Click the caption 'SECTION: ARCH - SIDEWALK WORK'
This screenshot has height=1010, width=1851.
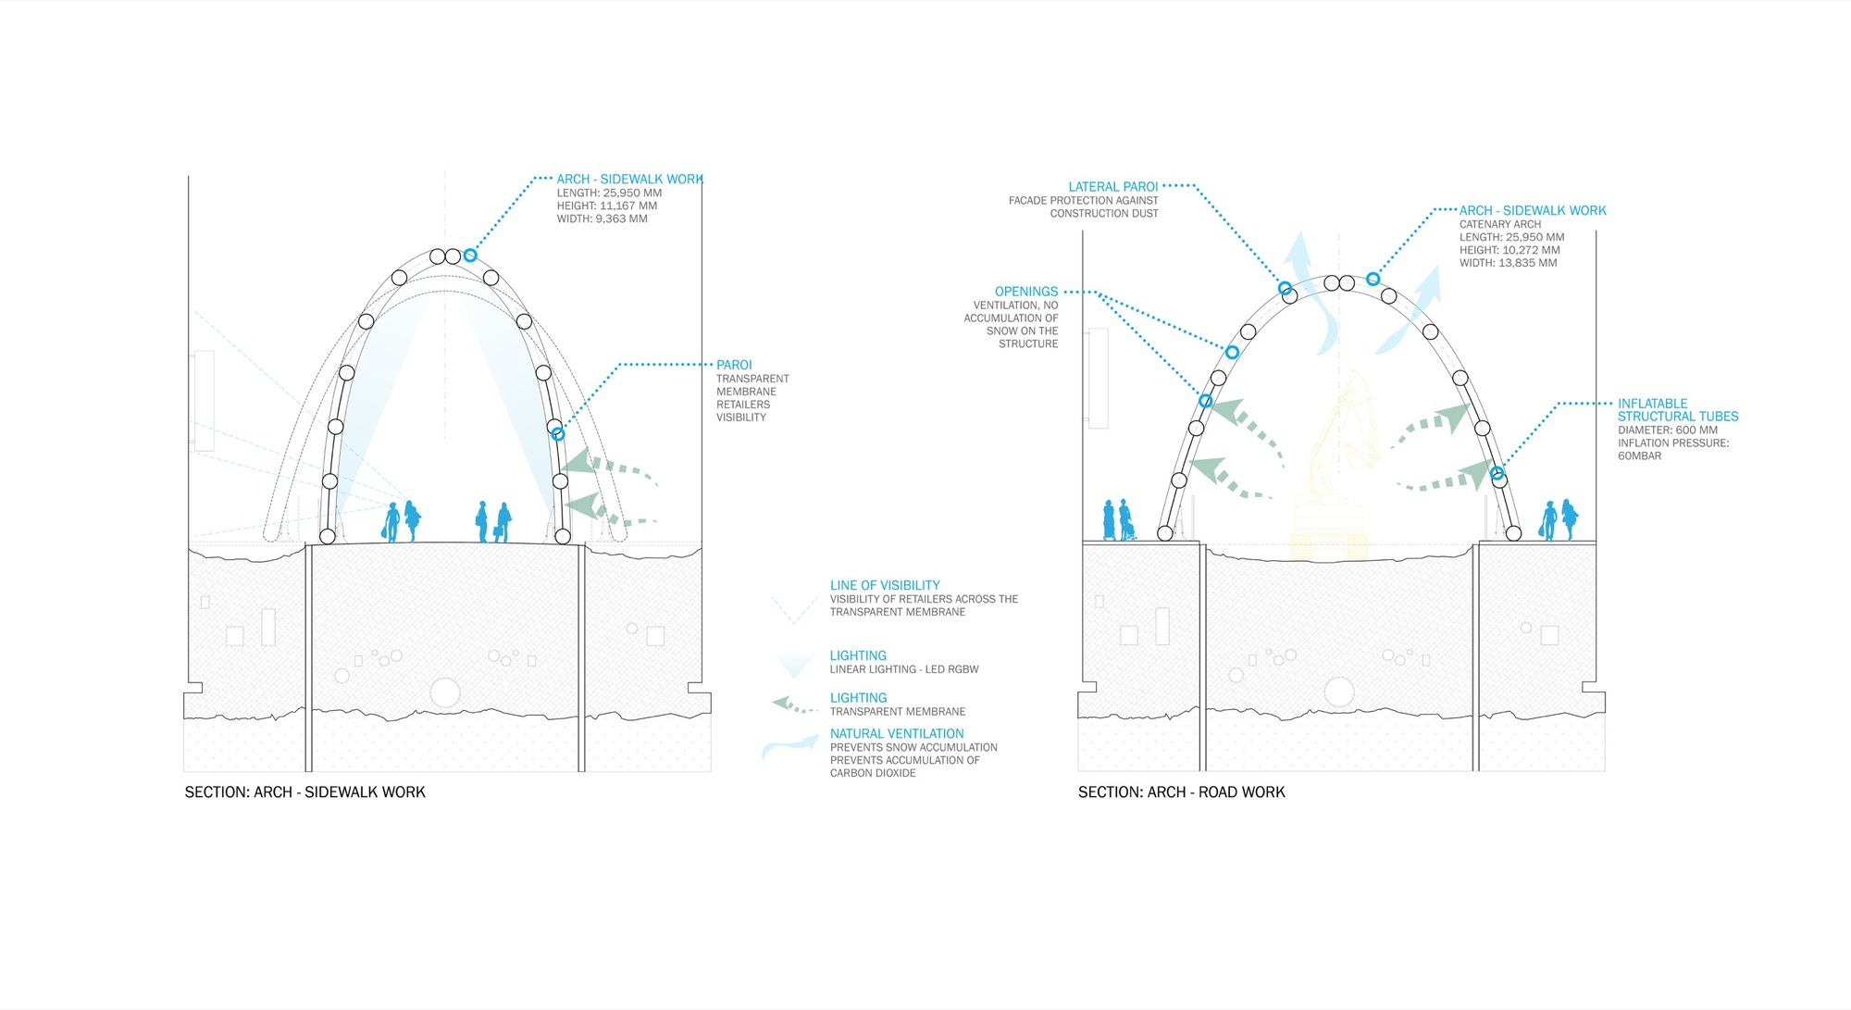pyautogui.click(x=304, y=792)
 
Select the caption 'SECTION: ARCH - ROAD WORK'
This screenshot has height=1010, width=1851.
pyautogui.click(x=1181, y=792)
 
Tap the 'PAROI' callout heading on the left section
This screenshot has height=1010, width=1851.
pyautogui.click(x=734, y=365)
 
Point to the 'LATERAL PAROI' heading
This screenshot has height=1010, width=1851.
pyautogui.click(x=1112, y=187)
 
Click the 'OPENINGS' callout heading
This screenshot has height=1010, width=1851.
pyautogui.click(x=1026, y=292)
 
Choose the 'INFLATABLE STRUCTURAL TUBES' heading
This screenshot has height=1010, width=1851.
pyautogui.click(x=1677, y=410)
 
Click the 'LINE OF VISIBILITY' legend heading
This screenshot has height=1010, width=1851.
pyautogui.click(x=885, y=585)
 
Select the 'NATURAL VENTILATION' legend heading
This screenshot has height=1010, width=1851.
pyautogui.click(x=897, y=733)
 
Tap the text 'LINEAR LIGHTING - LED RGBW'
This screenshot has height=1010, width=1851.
pyautogui.click(x=903, y=669)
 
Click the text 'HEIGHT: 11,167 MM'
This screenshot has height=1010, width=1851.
pyautogui.click(x=606, y=206)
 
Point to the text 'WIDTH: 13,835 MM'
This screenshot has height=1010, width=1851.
pyautogui.click(x=1508, y=263)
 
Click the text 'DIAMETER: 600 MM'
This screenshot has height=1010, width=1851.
pyautogui.click(x=1667, y=430)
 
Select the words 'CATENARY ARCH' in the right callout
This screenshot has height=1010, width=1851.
pyautogui.click(x=1499, y=224)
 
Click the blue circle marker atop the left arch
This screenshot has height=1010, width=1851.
pyautogui.click(x=470, y=255)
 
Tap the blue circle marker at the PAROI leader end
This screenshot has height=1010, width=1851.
pyautogui.click(x=558, y=433)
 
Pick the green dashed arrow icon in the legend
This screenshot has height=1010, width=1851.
pyautogui.click(x=793, y=706)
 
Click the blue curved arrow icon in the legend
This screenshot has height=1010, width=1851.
pyautogui.click(x=788, y=746)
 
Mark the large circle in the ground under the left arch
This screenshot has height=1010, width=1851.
pyautogui.click(x=445, y=692)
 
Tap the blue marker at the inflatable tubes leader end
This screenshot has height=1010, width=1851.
pyautogui.click(x=1497, y=474)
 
